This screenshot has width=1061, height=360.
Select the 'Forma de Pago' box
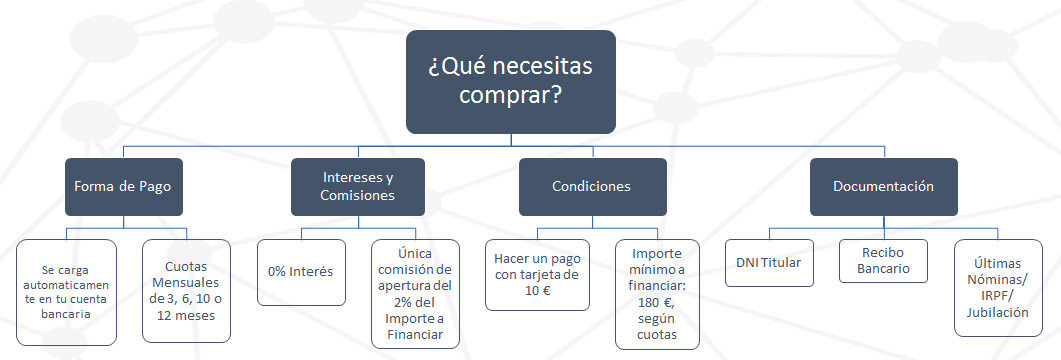point(124,186)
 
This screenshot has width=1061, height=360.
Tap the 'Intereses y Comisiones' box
point(357,186)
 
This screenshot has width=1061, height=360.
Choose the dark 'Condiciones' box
point(591,186)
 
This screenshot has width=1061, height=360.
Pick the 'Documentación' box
point(883,186)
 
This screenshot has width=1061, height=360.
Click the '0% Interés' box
point(301,271)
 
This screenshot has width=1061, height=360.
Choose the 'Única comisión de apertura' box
point(415,290)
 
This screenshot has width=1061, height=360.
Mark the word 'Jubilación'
point(998,312)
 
